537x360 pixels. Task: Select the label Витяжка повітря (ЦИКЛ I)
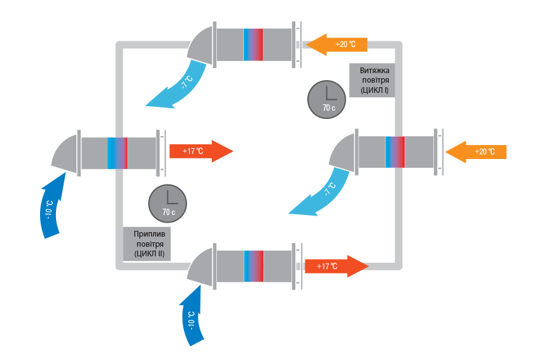click(372, 80)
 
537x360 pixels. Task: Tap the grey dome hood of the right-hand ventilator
click(344, 151)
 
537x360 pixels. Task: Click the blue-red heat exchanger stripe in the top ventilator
click(253, 44)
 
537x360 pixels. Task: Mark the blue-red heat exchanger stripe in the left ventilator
click(118, 153)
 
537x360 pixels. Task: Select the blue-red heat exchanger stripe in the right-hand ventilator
click(394, 151)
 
